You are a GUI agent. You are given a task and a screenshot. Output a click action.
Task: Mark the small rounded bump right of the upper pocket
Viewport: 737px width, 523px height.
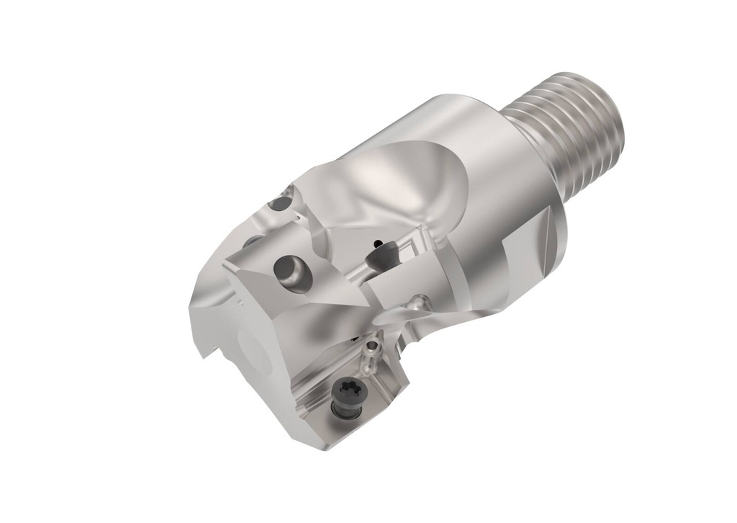pos(421,301)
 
